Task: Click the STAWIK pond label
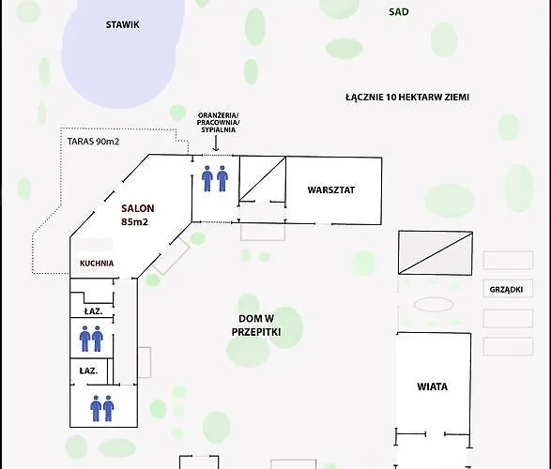tap(123, 24)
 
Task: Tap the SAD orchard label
tap(399, 12)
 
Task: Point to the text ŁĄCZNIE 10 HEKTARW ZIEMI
tap(407, 97)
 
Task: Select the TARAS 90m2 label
tap(93, 142)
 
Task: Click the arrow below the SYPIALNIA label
tap(216, 144)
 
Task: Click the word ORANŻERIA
tap(218, 115)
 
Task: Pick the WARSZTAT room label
tap(331, 189)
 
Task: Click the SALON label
tap(138, 208)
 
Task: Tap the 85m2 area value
tap(134, 222)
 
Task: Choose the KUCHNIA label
tap(97, 264)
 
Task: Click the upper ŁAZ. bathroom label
tap(93, 311)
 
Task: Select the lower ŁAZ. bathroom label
tap(88, 371)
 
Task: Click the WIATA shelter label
tap(432, 386)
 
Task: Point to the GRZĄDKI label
tap(506, 290)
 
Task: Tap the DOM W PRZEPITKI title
tap(256, 325)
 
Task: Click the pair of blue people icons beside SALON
tap(215, 178)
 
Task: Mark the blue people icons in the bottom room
tap(102, 408)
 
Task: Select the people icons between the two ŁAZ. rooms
tap(91, 339)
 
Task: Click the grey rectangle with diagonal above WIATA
tap(435, 252)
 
